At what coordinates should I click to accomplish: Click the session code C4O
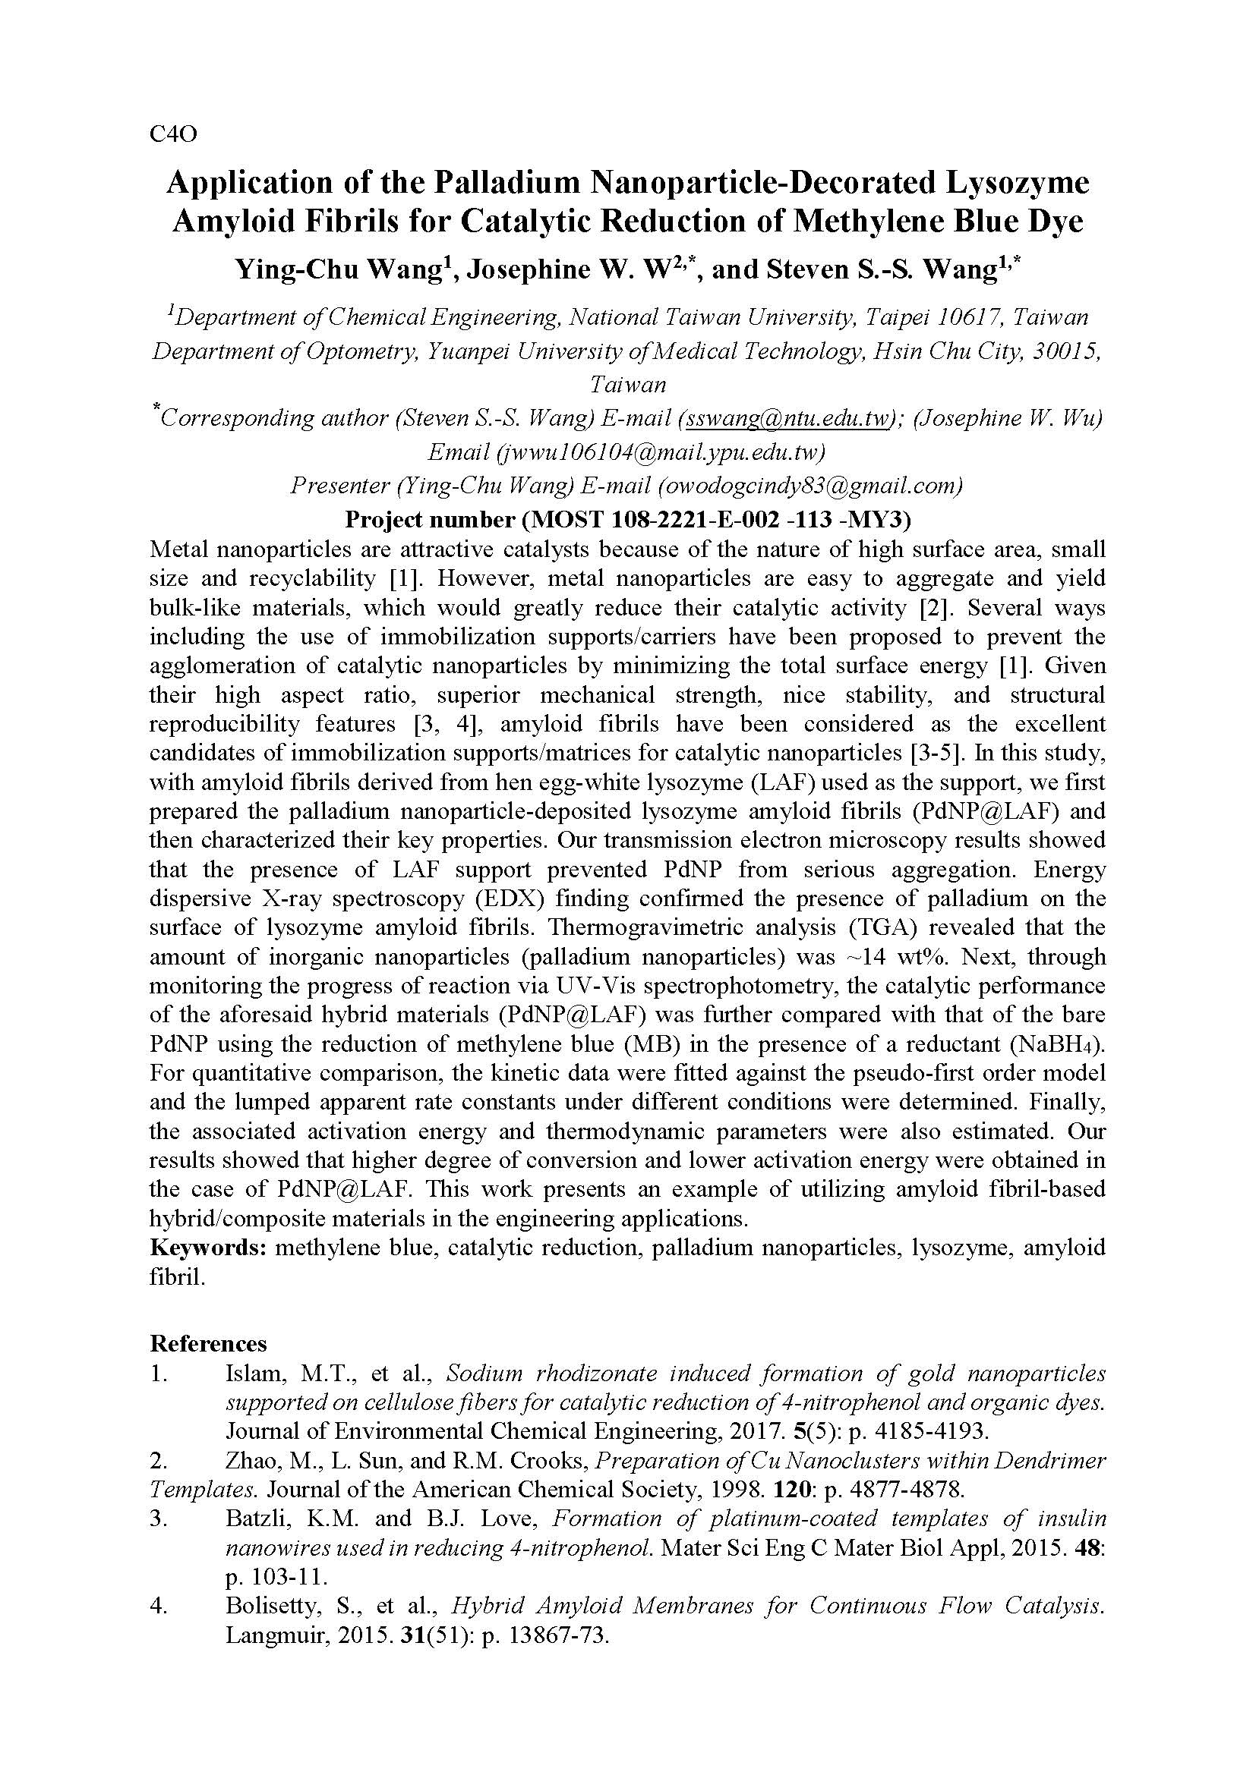pos(173,134)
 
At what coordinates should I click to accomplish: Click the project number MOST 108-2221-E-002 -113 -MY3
pos(716,520)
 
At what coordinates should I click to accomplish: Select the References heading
pos(208,1344)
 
